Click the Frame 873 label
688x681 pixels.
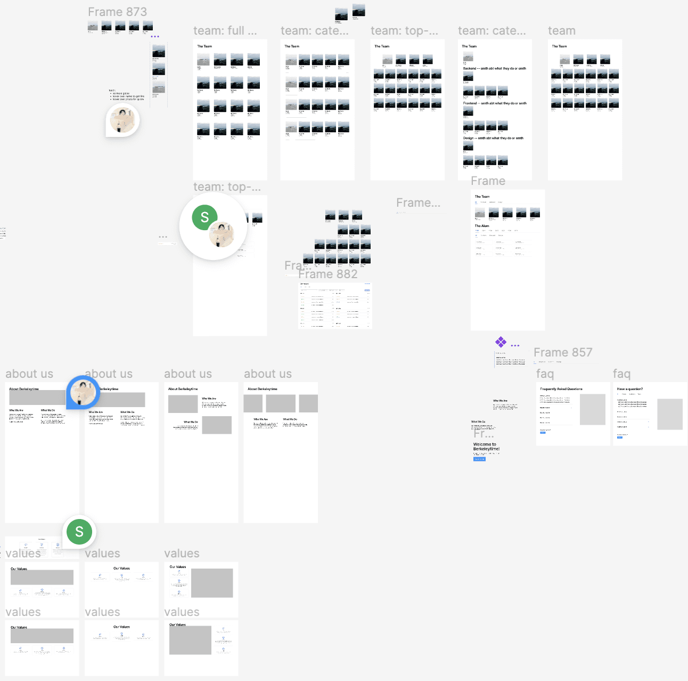click(117, 12)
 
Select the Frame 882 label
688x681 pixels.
click(327, 274)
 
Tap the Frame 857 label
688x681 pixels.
click(563, 352)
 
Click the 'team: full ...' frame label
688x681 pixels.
click(225, 31)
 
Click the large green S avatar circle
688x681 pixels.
click(204, 217)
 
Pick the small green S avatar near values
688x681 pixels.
click(79, 532)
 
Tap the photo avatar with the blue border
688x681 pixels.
click(84, 392)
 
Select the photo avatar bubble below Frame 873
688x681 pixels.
click(123, 120)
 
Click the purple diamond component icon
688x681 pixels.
click(501, 342)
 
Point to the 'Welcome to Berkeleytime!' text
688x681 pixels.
click(486, 447)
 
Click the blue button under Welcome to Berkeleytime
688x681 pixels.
click(479, 459)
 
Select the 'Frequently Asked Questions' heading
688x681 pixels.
click(561, 389)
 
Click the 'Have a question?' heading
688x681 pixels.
click(630, 389)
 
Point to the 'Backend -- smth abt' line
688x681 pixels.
click(494, 68)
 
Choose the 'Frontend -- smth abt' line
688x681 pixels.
click(495, 103)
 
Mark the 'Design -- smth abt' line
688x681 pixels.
click(493, 138)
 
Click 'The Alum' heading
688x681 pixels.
click(482, 226)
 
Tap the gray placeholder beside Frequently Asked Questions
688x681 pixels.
click(592, 409)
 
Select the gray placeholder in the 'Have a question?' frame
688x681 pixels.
click(669, 414)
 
